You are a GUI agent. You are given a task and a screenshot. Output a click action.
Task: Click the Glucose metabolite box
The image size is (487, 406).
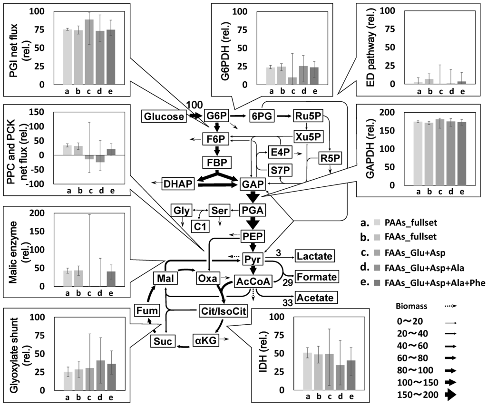point(163,116)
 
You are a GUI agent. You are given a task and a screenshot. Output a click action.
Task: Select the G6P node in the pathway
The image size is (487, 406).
point(217,116)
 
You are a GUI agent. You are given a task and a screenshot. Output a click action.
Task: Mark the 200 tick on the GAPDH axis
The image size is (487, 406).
point(386,112)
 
